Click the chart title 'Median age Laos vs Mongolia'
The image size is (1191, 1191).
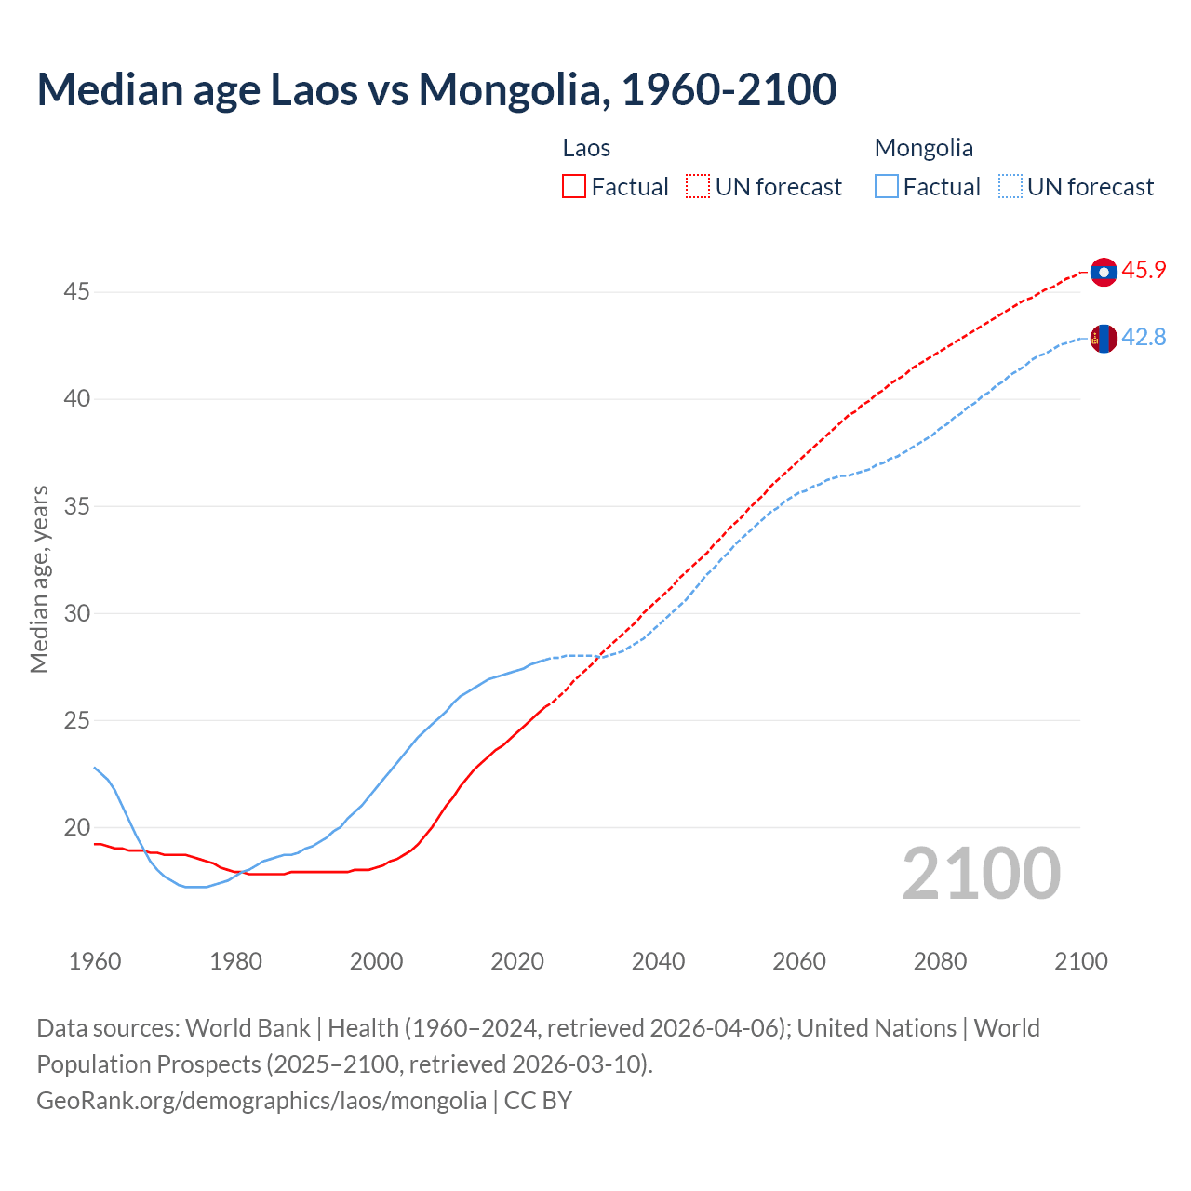pyautogui.click(x=436, y=89)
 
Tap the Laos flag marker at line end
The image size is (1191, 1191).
pyautogui.click(x=1104, y=272)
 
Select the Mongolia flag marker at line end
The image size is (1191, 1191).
pyautogui.click(x=1104, y=339)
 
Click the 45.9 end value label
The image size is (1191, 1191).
pyautogui.click(x=1144, y=271)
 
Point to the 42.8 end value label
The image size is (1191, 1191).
pyautogui.click(x=1144, y=338)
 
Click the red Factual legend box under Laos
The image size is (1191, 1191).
pyautogui.click(x=574, y=187)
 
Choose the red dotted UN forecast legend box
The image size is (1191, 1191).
pyautogui.click(x=698, y=187)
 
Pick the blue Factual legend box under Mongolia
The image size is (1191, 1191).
pyautogui.click(x=886, y=187)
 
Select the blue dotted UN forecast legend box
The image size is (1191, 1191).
pyautogui.click(x=1010, y=187)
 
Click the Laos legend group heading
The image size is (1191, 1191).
pyautogui.click(x=586, y=148)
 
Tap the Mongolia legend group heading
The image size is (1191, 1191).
pyautogui.click(x=923, y=148)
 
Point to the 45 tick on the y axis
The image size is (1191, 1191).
pyautogui.click(x=76, y=292)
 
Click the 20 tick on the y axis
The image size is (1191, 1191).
pyautogui.click(x=76, y=827)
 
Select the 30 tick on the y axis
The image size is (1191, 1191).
pyautogui.click(x=76, y=613)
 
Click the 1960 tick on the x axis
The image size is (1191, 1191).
pyautogui.click(x=95, y=961)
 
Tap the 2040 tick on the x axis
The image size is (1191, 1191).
pyautogui.click(x=658, y=961)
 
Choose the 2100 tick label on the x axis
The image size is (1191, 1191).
pyautogui.click(x=1080, y=961)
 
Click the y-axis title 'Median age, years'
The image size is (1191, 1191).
pyautogui.click(x=39, y=579)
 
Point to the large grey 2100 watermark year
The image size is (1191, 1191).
pyautogui.click(x=981, y=874)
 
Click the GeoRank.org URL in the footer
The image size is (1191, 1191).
pyautogui.click(x=261, y=1101)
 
